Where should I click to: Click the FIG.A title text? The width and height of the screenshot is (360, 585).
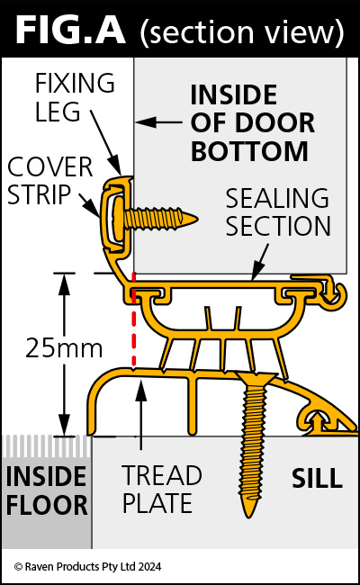[70, 31]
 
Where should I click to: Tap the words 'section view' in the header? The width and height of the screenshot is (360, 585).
[242, 32]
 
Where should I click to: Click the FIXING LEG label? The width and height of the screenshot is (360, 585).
[75, 97]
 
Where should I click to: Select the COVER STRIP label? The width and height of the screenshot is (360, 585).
[50, 181]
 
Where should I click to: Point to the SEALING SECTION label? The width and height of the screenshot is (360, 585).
[278, 211]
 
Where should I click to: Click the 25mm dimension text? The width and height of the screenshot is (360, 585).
[64, 348]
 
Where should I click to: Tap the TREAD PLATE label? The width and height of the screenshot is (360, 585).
[162, 489]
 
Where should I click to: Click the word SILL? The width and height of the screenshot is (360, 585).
[317, 478]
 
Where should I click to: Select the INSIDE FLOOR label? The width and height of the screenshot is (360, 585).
[47, 490]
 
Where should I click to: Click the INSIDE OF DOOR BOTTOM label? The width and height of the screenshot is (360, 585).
[253, 122]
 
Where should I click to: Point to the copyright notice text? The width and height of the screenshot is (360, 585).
[87, 567]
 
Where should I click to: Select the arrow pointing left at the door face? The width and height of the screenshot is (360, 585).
[159, 121]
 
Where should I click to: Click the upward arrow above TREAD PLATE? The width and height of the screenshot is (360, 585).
[141, 414]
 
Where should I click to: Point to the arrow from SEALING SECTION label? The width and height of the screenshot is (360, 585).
[260, 262]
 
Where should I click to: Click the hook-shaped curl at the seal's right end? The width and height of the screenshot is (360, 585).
[336, 294]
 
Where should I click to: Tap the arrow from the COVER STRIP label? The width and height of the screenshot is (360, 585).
[89, 205]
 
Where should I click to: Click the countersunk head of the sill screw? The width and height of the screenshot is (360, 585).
[256, 379]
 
